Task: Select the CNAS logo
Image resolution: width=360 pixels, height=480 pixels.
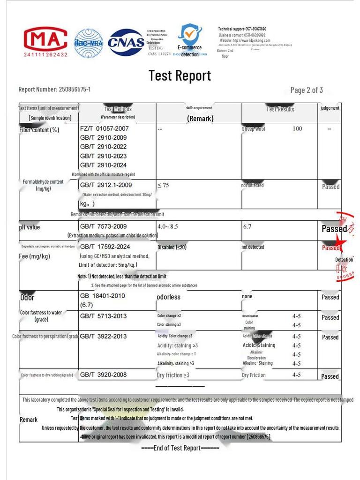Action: tap(126, 43)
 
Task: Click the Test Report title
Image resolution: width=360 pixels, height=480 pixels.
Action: tap(180, 75)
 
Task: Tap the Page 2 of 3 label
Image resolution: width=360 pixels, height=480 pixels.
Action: tap(307, 90)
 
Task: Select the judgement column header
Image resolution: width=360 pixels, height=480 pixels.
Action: tap(330, 108)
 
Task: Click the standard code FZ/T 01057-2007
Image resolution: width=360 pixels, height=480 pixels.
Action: tap(104, 128)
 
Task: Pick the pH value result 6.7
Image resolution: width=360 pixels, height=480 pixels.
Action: tap(247, 226)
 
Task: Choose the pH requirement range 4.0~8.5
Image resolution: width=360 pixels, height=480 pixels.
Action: tap(168, 226)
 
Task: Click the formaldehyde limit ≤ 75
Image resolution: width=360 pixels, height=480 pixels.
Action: tap(163, 185)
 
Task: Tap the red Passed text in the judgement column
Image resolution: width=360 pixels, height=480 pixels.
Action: tap(330, 247)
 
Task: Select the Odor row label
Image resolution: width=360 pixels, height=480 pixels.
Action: tap(27, 297)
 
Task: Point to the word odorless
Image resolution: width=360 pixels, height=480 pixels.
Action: tap(168, 297)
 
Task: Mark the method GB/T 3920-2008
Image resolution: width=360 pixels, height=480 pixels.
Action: tap(103, 375)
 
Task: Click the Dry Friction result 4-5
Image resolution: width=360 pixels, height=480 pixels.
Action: tap(296, 375)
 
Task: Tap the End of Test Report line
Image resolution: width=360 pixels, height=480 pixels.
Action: tap(180, 448)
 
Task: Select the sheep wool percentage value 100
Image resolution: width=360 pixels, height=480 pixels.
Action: tap(297, 128)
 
